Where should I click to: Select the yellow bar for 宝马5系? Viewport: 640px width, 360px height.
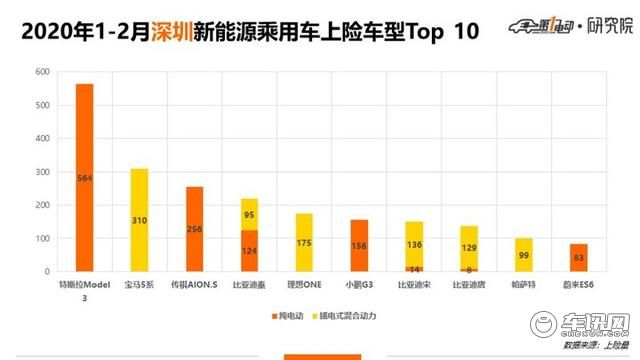[x=139, y=220]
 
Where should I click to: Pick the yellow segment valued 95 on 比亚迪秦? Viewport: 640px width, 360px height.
[x=249, y=214]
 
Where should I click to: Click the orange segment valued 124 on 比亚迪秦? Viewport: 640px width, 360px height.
[x=249, y=250]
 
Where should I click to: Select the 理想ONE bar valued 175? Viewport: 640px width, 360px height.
[x=304, y=242]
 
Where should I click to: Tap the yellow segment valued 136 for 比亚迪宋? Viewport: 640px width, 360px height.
[x=414, y=243]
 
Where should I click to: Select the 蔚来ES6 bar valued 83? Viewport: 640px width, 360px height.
[x=579, y=257]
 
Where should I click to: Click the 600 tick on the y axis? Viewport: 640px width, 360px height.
[x=41, y=72]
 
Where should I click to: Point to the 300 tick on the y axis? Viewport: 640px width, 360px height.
[x=41, y=172]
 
